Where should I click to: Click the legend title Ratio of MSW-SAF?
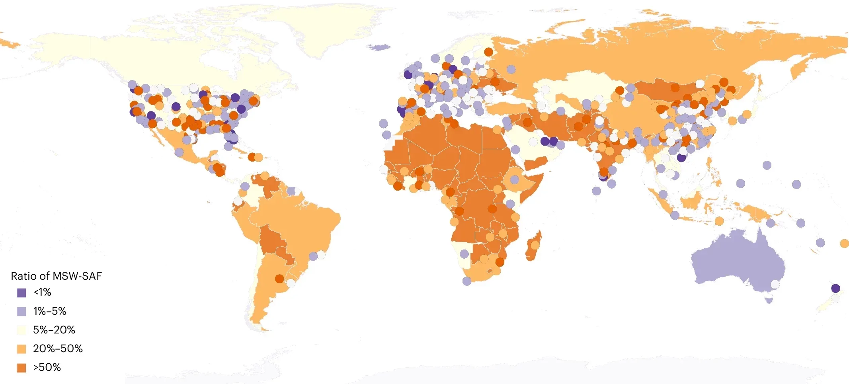tap(56, 276)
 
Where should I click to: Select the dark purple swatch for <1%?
tap(21, 292)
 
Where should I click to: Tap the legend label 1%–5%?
tap(49, 311)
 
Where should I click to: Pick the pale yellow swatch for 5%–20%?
tap(21, 330)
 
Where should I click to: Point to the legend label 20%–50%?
tap(58, 349)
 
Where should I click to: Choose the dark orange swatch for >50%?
tap(21, 368)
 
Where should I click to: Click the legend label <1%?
tap(42, 292)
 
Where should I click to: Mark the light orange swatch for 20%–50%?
tap(21, 349)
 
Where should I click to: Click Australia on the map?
tap(736, 263)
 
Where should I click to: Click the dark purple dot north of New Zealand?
tap(835, 288)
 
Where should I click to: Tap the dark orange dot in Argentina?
tap(279, 279)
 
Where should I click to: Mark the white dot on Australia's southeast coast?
tap(775, 284)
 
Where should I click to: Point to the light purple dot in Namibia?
tap(464, 253)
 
